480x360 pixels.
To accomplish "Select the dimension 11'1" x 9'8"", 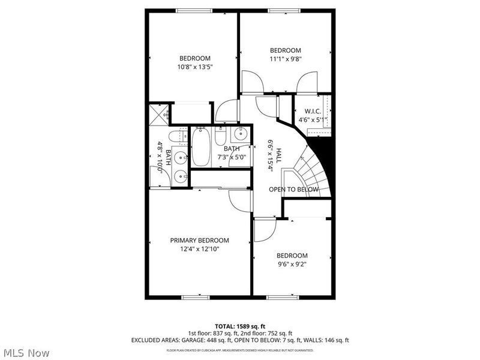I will (x=285, y=59).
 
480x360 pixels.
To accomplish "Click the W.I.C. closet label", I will (x=313, y=111).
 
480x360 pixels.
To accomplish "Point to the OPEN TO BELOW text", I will (x=293, y=190).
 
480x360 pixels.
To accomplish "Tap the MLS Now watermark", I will (x=26, y=353).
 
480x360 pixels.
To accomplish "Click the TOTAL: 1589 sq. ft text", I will (x=239, y=326).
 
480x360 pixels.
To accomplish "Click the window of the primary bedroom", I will (x=194, y=296).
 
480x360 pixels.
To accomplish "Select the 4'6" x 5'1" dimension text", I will (x=313, y=119).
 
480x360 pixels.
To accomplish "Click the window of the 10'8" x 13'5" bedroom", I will (x=194, y=10).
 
